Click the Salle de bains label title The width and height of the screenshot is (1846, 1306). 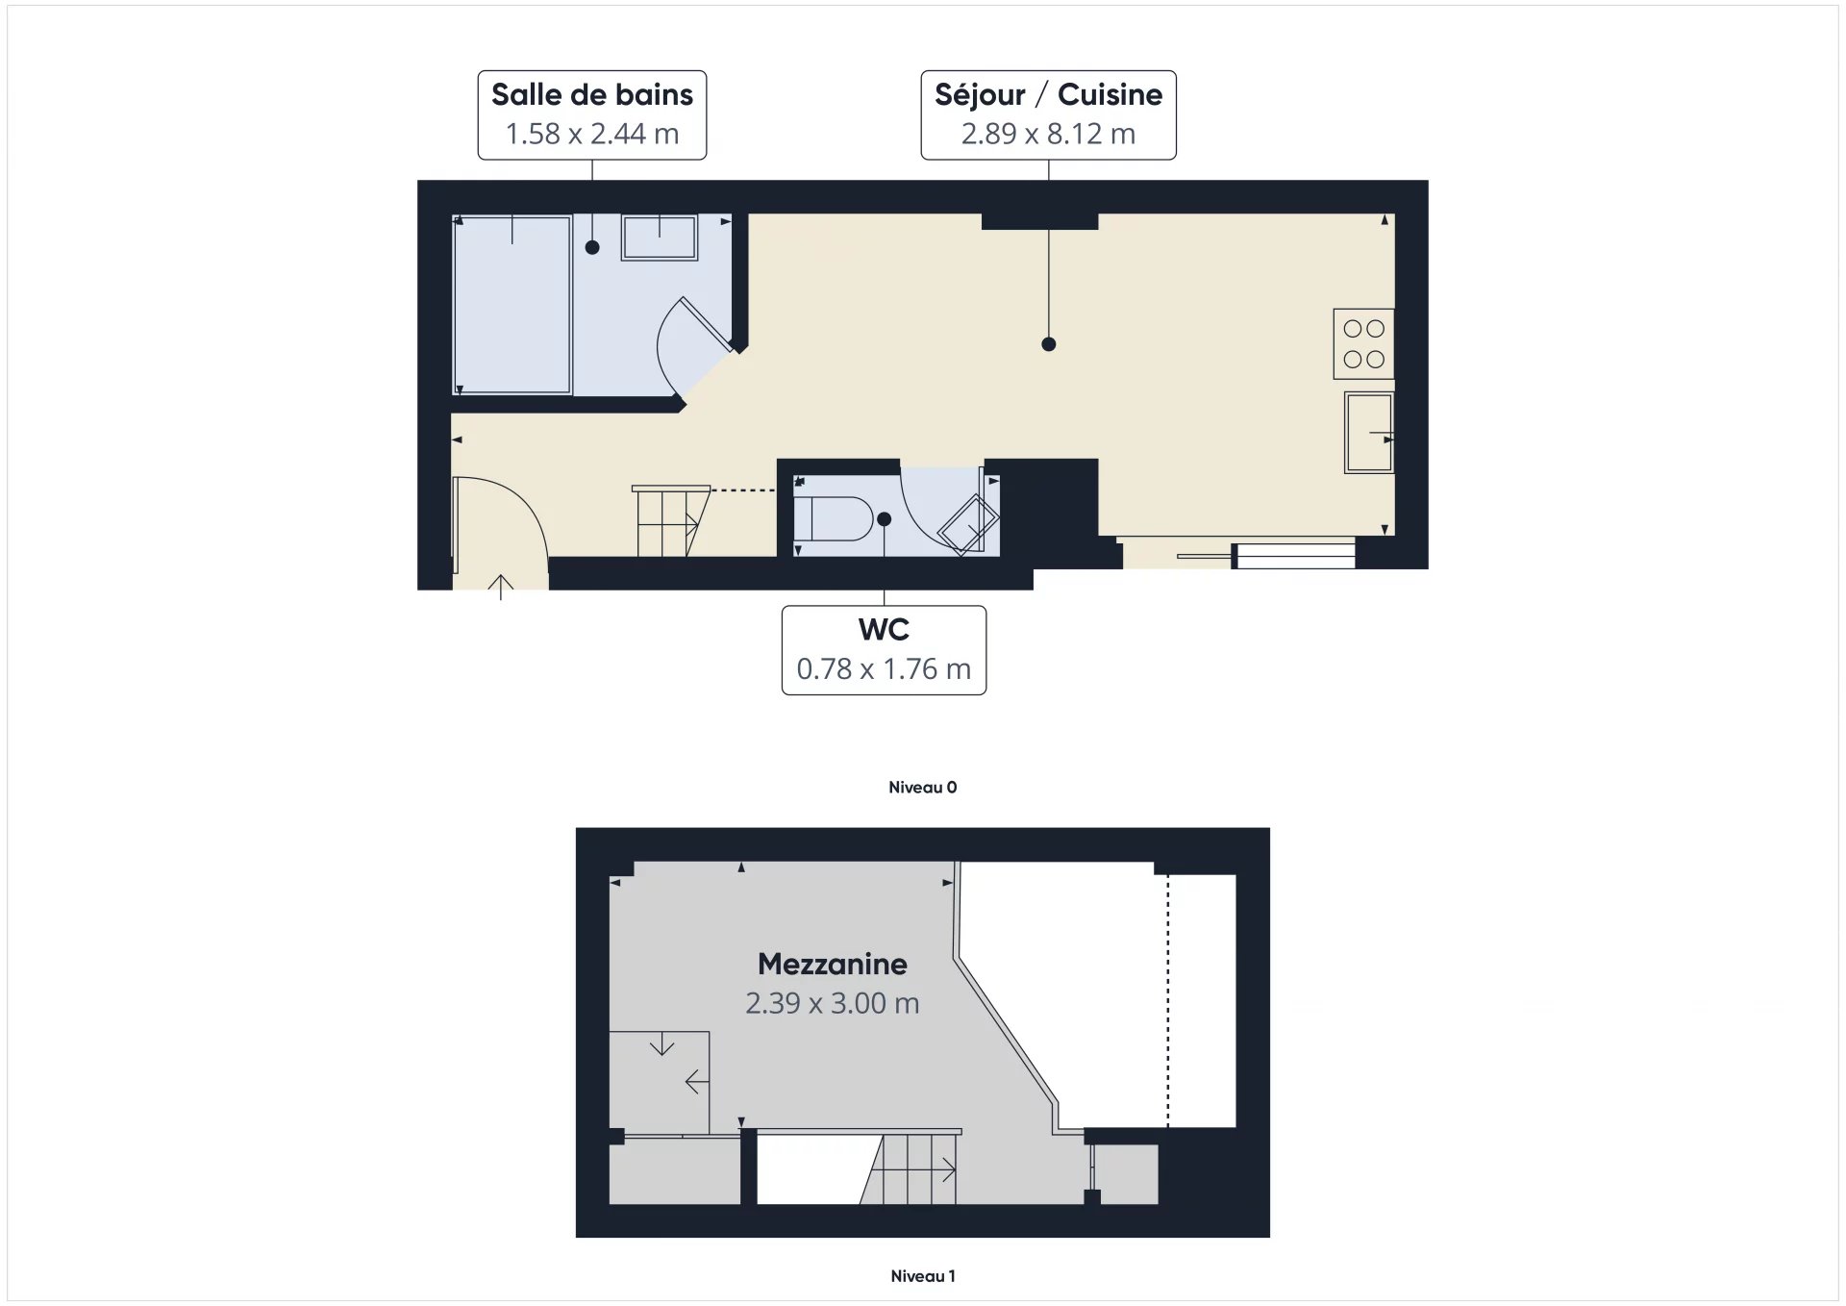coord(591,95)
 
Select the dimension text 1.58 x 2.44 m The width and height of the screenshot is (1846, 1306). coord(591,134)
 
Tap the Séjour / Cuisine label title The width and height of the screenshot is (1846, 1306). coord(1048,95)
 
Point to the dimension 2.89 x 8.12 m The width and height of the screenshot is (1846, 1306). coord(1048,134)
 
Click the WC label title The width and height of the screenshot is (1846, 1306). coord(884,630)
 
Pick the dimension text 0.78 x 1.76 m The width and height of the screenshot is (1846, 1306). coord(884,668)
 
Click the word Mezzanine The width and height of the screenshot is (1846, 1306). coord(832,964)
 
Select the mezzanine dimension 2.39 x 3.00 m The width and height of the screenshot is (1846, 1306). coord(832,1003)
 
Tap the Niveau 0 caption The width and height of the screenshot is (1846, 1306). coord(922,788)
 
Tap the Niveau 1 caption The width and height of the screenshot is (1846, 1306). coord(922,1276)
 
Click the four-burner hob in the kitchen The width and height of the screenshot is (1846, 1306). coord(1363,343)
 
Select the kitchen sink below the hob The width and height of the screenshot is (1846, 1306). coord(1368,433)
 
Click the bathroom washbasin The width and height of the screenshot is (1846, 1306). coord(659,237)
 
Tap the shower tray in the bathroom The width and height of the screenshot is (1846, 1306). coord(512,304)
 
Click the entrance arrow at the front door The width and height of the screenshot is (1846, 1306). coord(501,586)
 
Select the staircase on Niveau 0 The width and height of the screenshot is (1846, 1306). coord(668,522)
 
